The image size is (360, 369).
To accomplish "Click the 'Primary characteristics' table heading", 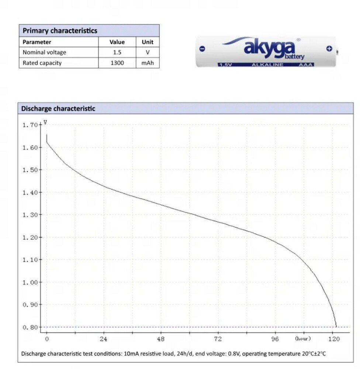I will coord(60,31).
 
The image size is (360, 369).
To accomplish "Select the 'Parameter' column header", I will coord(37,42).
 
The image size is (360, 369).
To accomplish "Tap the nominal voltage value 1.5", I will coord(117,52).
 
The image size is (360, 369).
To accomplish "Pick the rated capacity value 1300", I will coord(117,63).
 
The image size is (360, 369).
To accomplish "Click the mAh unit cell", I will coord(148,63).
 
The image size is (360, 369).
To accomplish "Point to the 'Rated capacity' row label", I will coord(42,63).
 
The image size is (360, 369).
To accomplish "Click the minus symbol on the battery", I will coord(202,49).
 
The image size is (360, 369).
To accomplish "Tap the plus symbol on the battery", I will coord(329,49).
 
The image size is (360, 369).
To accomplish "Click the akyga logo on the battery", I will coord(270,48).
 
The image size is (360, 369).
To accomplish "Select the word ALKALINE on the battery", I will coord(267,65).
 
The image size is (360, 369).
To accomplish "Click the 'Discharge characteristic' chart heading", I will coord(58,108).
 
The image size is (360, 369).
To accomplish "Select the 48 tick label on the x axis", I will coord(161,339).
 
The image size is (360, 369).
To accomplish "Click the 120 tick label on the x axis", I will coord(333,339).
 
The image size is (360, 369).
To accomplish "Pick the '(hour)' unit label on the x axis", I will coord(303,338).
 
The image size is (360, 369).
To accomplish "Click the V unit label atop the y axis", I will coord(45,122).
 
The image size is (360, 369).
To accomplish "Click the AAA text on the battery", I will coord(307,65).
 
